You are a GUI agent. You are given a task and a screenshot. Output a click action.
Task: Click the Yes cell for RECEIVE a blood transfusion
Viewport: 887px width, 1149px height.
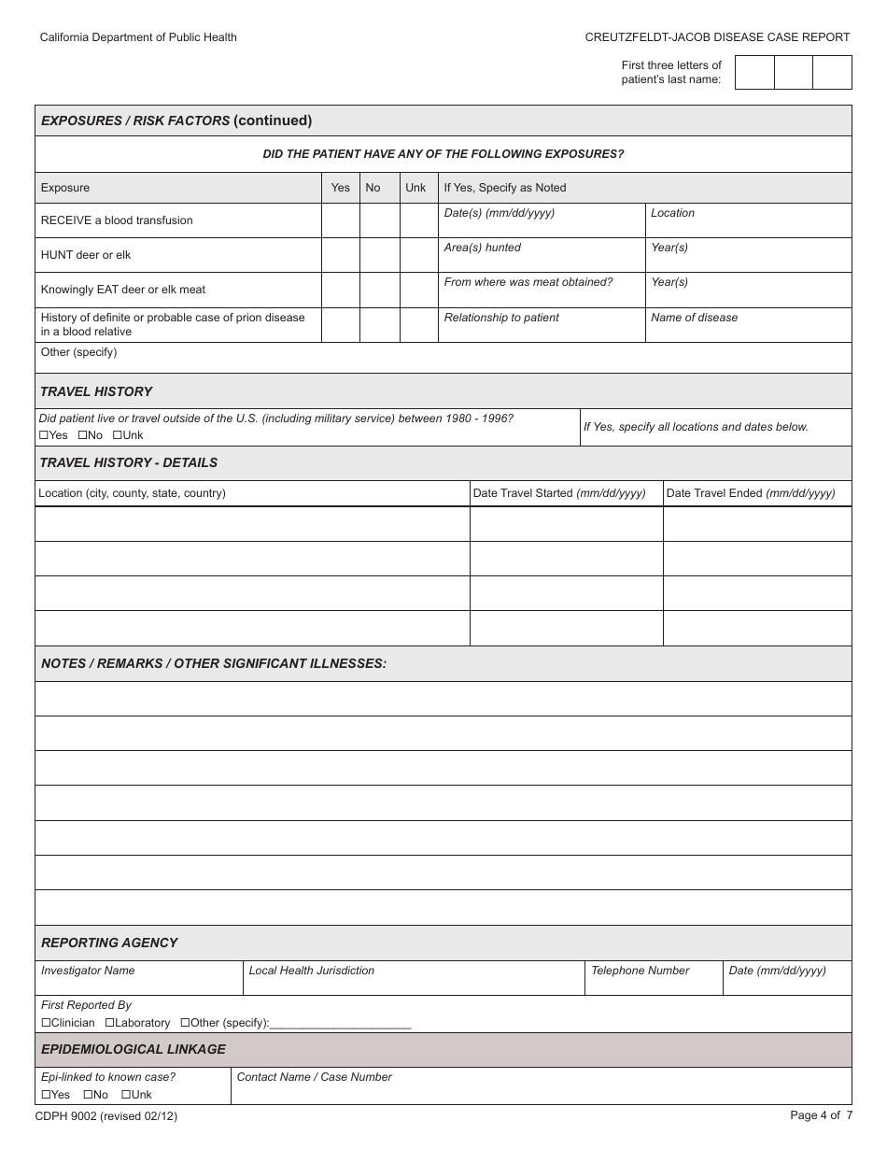point(341,220)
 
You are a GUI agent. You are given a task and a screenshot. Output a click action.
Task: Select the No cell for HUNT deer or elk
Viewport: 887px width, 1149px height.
point(379,255)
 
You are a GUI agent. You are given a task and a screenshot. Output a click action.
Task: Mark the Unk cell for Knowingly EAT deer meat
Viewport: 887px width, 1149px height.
point(418,290)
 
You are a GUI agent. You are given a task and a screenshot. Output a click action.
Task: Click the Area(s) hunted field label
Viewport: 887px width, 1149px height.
point(482,248)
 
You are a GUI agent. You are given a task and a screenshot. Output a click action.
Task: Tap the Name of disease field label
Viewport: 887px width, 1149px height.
point(694,318)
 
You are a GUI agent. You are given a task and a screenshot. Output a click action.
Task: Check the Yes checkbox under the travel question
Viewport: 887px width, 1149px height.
point(44,435)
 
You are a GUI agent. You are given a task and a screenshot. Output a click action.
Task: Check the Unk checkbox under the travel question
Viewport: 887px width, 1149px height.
point(118,435)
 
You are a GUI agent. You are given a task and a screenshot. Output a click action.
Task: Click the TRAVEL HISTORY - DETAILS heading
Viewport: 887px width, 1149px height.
point(129,462)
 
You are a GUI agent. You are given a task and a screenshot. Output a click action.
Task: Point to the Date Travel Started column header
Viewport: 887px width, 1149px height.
point(559,493)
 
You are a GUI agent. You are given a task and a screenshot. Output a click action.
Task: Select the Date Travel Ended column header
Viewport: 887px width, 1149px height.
point(751,493)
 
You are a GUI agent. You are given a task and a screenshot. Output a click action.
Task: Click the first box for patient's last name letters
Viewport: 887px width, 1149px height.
point(754,72)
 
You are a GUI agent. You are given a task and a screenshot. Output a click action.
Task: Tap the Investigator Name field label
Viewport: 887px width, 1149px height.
point(88,971)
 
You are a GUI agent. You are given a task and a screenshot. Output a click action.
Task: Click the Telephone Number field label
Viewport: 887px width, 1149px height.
point(640,971)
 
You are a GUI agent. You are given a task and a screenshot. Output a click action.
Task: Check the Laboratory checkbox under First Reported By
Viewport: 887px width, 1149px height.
point(109,1023)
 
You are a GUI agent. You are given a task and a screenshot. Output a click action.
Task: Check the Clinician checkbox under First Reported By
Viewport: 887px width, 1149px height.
point(46,1023)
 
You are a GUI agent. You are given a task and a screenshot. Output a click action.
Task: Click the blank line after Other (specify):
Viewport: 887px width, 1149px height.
point(341,1023)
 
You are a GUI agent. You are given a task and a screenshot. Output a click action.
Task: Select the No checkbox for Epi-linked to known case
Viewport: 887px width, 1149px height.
point(88,1095)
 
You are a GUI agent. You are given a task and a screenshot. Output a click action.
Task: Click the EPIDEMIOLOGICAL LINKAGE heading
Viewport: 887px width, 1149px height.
point(134,1049)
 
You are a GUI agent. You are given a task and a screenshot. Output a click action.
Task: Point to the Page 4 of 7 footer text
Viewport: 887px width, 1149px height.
point(821,1114)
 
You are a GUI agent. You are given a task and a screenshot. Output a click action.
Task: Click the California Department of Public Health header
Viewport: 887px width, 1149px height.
point(138,37)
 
